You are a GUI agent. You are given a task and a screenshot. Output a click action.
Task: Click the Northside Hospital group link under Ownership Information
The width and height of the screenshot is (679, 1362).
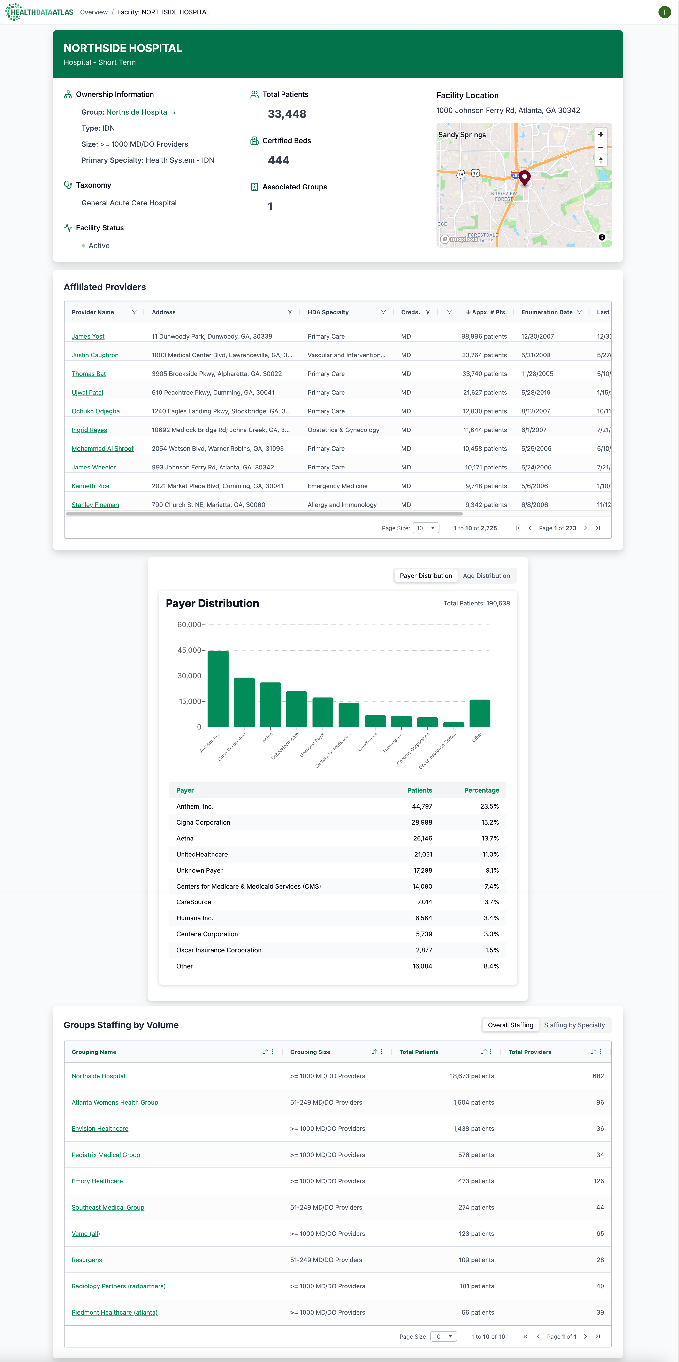pos(137,112)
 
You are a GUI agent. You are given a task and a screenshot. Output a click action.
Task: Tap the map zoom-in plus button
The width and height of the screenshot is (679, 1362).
pos(600,134)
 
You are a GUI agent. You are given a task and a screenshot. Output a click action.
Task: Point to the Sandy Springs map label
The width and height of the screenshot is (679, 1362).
pos(462,135)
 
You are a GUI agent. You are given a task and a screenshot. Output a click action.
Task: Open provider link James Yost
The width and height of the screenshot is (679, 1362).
pos(88,336)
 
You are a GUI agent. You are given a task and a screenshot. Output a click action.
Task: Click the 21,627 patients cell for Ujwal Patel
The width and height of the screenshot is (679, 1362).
pos(484,392)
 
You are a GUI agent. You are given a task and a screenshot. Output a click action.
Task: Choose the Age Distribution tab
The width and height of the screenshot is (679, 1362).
pos(486,576)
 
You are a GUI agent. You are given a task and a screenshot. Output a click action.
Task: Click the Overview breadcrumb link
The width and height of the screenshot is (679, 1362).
pos(94,12)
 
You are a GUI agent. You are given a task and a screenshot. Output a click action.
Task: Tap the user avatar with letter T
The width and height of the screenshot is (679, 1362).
pos(664,12)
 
